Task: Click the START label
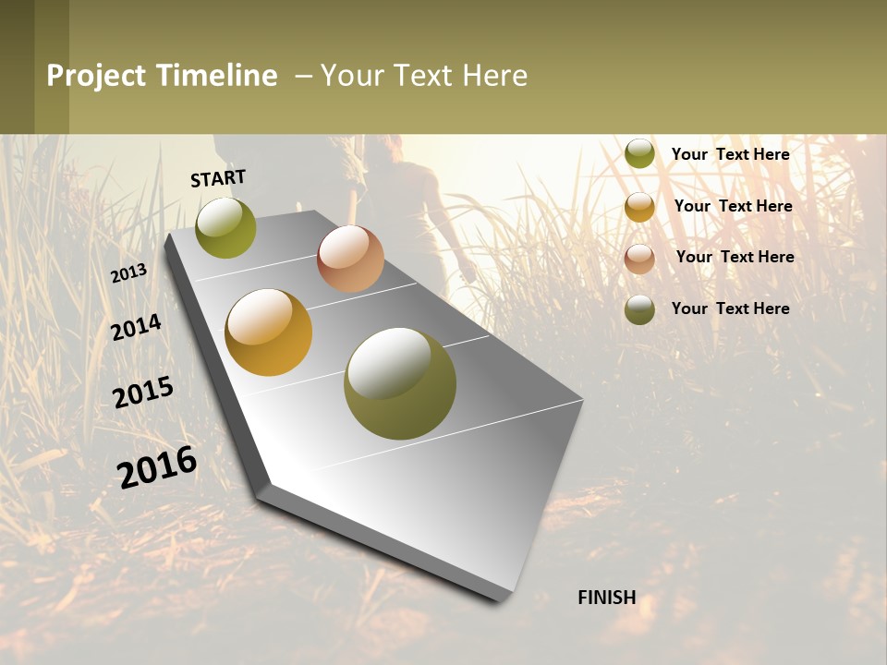(218, 178)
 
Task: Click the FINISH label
(606, 598)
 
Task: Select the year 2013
(129, 273)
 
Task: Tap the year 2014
(137, 328)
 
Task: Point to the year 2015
(143, 393)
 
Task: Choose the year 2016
(157, 467)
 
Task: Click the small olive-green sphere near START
(225, 228)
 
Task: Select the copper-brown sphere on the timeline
(350, 259)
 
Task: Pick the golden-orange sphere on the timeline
(269, 332)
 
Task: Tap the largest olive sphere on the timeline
(400, 383)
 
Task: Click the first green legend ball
(639, 154)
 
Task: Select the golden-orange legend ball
(639, 207)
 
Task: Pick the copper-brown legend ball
(639, 259)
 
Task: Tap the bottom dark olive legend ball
(639, 309)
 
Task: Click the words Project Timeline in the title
(162, 76)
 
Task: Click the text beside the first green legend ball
(730, 154)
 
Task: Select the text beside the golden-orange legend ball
(733, 206)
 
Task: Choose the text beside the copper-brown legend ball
(735, 257)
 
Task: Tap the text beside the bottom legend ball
(730, 308)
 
